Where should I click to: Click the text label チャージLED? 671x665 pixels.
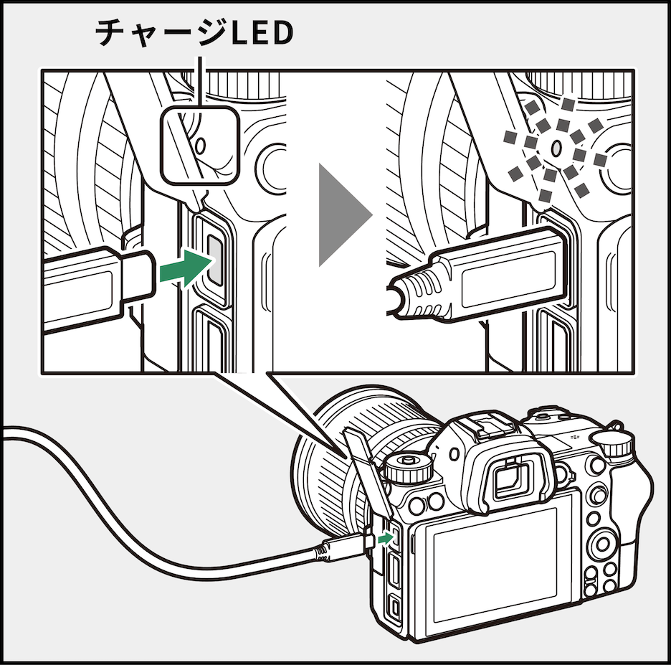194,34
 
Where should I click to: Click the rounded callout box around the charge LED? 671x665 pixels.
198,143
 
